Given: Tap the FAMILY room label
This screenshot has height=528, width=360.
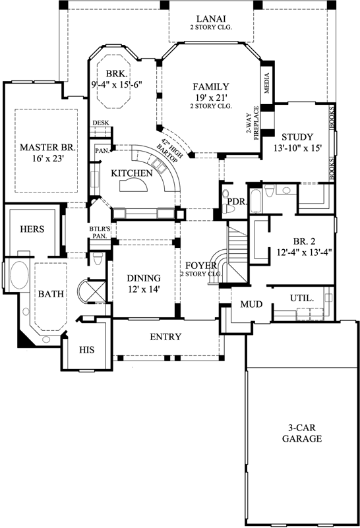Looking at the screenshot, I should (211, 86).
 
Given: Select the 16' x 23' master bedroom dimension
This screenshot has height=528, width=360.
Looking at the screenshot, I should (41, 159).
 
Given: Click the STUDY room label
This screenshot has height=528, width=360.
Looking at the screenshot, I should (296, 137).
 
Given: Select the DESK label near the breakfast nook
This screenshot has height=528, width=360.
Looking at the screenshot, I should (100, 123).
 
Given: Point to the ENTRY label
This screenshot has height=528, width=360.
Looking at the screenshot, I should (165, 337).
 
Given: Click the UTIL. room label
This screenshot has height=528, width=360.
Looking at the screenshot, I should (302, 298).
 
